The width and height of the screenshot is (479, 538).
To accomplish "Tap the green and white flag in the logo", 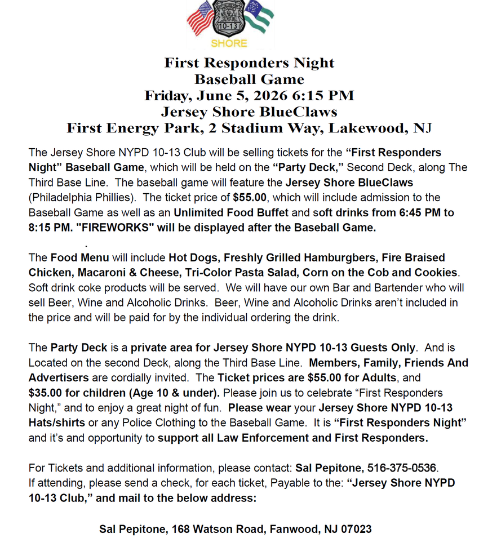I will pyautogui.click(x=259, y=17).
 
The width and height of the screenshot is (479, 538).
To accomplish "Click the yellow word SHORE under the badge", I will pyautogui.click(x=229, y=43).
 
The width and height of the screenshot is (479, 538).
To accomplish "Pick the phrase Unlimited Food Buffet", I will pyautogui.click(x=231, y=213).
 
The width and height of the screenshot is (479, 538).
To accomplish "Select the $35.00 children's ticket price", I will pyautogui.click(x=46, y=393).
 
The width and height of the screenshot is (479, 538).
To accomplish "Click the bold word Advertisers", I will pyautogui.click(x=59, y=377).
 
